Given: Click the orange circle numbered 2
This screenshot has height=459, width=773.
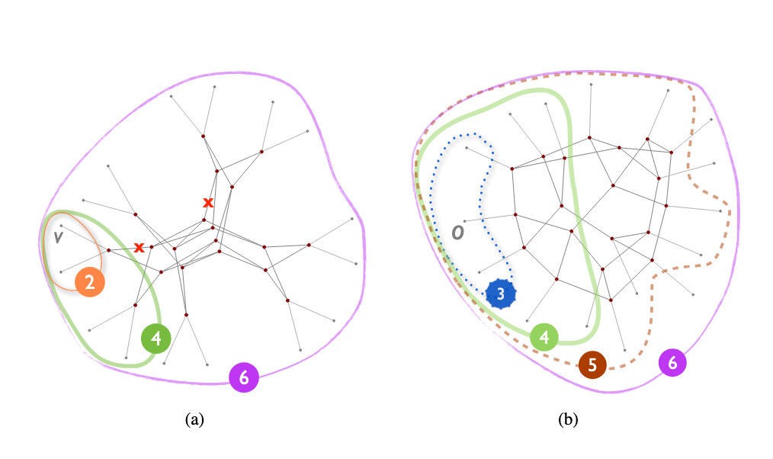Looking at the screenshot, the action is coord(90,282).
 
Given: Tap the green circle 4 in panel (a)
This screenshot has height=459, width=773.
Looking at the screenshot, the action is coord(156,339).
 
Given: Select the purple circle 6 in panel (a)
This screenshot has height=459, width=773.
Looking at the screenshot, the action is coord(244,377).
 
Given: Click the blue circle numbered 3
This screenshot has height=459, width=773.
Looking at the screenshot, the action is coord(501,294).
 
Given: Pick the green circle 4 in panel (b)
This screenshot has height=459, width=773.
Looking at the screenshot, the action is coord(544,337).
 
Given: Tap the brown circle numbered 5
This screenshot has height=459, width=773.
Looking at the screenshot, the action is coord(592,364).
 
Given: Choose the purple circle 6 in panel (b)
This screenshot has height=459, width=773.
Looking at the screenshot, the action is coord(672,362).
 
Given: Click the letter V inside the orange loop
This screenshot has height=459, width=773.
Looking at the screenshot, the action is coord(58,238).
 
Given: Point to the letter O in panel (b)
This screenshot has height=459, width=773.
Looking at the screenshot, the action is coord(458,233).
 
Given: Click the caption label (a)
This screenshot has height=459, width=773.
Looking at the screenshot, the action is coord(194,419).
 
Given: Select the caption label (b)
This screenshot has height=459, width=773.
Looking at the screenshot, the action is coord(568,419).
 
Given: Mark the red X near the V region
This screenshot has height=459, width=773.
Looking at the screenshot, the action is coord(139,247).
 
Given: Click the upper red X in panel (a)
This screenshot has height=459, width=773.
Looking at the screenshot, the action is coord(209,202).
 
